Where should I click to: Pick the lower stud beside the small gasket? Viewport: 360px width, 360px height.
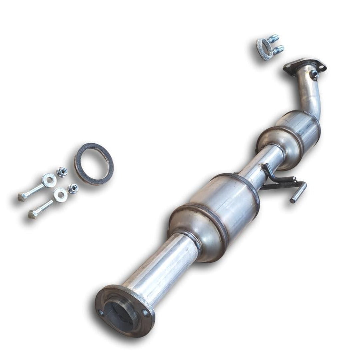[278, 49]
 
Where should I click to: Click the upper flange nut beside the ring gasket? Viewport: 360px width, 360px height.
[62, 172]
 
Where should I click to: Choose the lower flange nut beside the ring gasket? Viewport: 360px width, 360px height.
[72, 188]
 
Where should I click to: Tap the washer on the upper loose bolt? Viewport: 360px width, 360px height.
[49, 180]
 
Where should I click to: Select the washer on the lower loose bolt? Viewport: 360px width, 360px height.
[60, 195]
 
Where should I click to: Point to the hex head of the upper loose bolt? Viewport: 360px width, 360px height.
[22, 197]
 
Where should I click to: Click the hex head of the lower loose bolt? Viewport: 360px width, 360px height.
[32, 214]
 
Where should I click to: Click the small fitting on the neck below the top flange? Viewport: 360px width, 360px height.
[315, 75]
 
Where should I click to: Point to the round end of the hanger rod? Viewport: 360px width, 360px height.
[293, 200]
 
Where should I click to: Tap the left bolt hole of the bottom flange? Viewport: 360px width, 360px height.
[101, 313]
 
